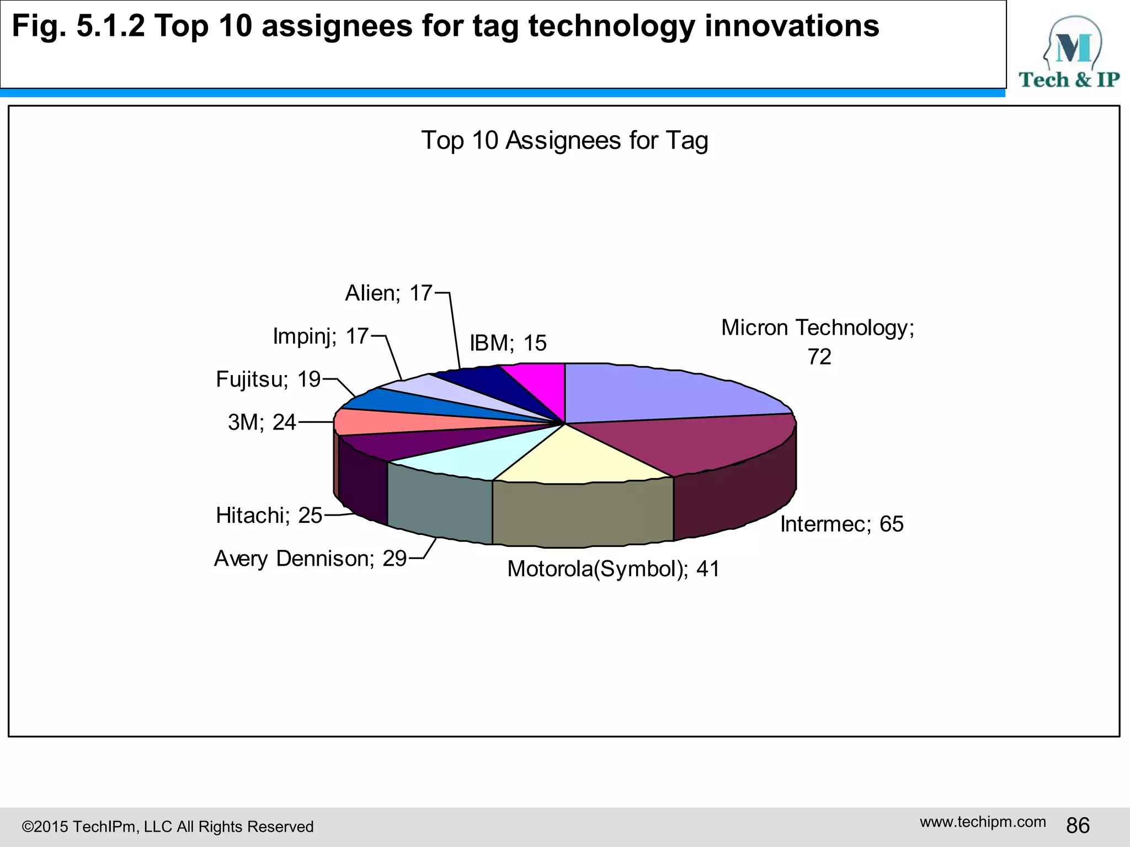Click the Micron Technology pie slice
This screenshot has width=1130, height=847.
pos(662,394)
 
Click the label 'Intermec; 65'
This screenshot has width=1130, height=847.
pos(841,524)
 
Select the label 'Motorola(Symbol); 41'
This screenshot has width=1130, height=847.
pos(614,569)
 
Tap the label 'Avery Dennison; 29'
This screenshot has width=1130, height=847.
pos(310,559)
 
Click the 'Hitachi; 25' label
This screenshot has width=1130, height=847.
pos(269,516)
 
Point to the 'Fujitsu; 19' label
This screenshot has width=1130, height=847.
pos(268,379)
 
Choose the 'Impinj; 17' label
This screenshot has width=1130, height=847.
pos(321,336)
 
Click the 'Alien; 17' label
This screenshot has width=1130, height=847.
pos(388,293)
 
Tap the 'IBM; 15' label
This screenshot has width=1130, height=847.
pos(508,343)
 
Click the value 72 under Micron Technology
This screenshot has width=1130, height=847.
pos(819,357)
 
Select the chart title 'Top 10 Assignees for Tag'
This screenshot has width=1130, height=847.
pos(564,140)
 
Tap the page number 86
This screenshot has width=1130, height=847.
pos(1078,825)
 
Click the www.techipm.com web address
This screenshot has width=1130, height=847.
pos(983,822)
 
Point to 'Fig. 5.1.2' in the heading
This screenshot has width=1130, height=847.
pos(78,26)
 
